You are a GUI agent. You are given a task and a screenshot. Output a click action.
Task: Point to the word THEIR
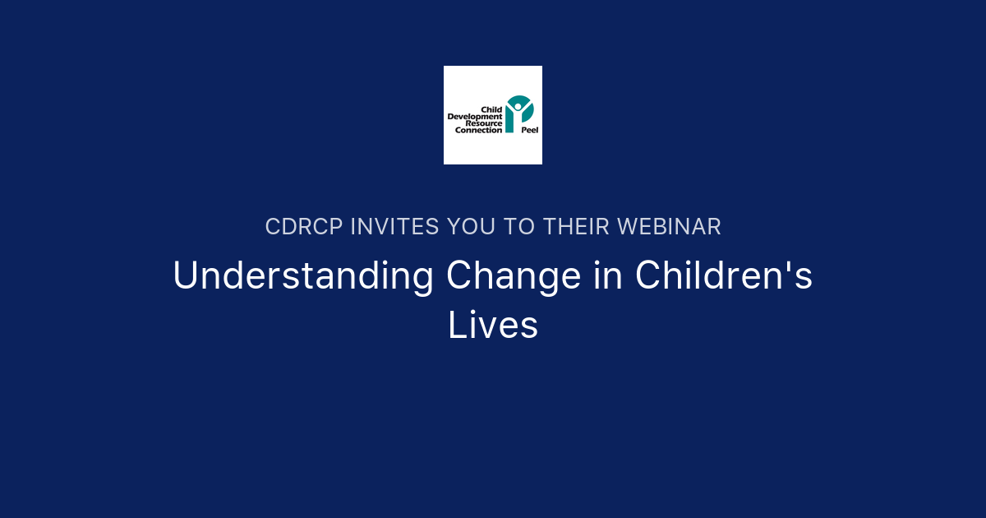574,227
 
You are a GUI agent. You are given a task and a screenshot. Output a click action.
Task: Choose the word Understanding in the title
303,276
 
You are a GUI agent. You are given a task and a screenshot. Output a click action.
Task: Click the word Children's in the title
723,276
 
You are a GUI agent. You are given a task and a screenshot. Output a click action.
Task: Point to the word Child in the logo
491,109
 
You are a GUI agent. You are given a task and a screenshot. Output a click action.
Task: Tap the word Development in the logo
475,117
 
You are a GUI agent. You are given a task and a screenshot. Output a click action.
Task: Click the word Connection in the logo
478,130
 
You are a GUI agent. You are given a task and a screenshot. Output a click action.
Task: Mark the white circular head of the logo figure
518,105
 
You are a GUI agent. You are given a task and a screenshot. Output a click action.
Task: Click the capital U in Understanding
187,276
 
